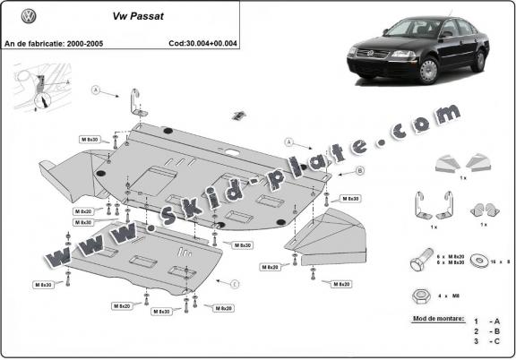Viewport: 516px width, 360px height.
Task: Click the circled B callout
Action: pyautogui.click(x=334, y=170)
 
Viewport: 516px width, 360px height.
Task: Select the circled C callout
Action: pyautogui.click(x=235, y=284)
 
